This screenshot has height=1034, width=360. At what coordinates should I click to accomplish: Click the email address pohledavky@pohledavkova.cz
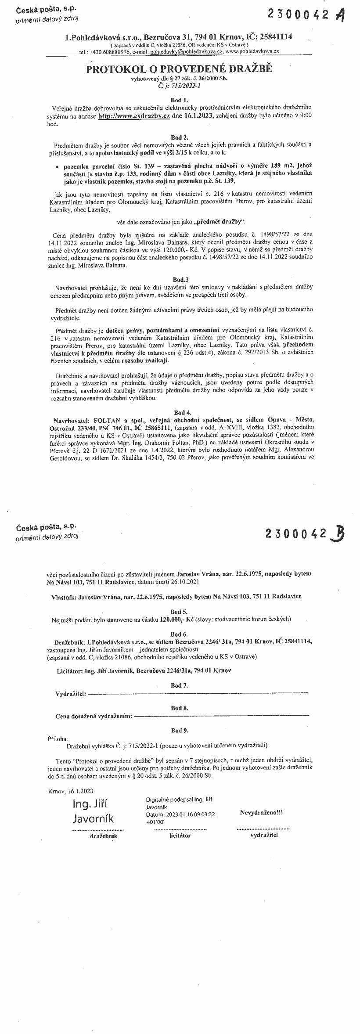click(x=187, y=51)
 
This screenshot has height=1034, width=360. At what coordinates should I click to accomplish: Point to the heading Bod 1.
click(x=180, y=100)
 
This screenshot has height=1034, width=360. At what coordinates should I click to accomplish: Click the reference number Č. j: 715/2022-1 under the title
click(x=180, y=86)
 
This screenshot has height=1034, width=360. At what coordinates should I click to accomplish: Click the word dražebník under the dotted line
click(x=104, y=836)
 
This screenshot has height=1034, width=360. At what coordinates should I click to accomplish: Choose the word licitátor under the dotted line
click(x=180, y=835)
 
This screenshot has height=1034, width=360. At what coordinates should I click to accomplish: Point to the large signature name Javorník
click(x=93, y=818)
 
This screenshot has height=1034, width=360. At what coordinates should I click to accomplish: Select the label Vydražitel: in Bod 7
click(x=71, y=694)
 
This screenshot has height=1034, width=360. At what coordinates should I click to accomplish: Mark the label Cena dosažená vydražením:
click(x=94, y=716)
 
